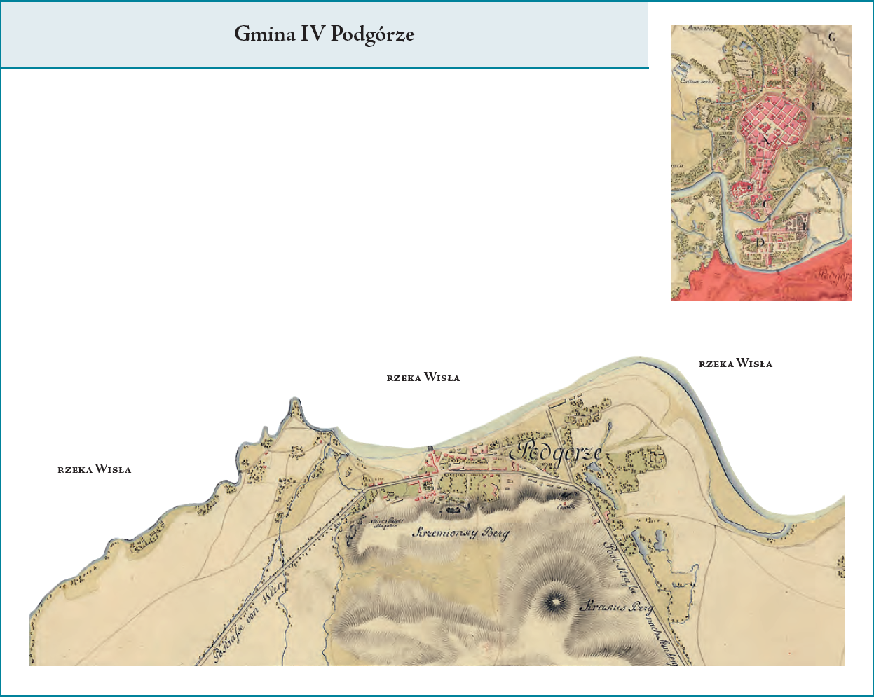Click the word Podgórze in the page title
click(x=372, y=34)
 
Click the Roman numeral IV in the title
click(x=312, y=34)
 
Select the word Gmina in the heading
click(x=264, y=34)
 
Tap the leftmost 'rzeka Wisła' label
click(x=94, y=469)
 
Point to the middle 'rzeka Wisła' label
click(x=423, y=378)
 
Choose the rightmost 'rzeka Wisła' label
click(x=735, y=364)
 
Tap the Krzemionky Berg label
click(x=461, y=533)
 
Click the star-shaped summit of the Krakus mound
click(x=554, y=601)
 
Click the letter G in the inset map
click(x=831, y=36)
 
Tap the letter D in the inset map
click(x=760, y=242)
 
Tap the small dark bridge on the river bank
click(x=429, y=448)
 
